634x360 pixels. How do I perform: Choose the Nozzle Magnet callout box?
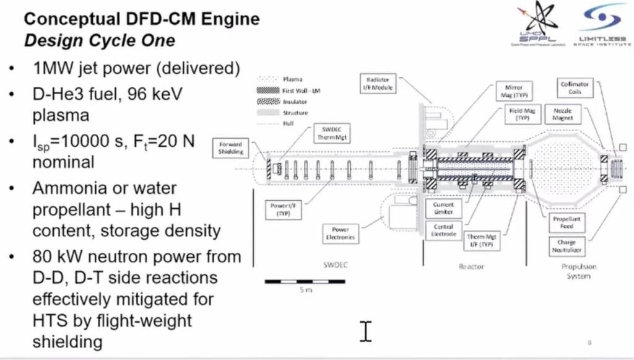pos(563,114)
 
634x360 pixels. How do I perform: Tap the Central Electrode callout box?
pos(443,230)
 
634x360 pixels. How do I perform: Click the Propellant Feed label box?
pos(567,223)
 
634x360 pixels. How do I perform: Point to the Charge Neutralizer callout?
pos(567,245)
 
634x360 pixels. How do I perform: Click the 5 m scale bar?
pos(300,282)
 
